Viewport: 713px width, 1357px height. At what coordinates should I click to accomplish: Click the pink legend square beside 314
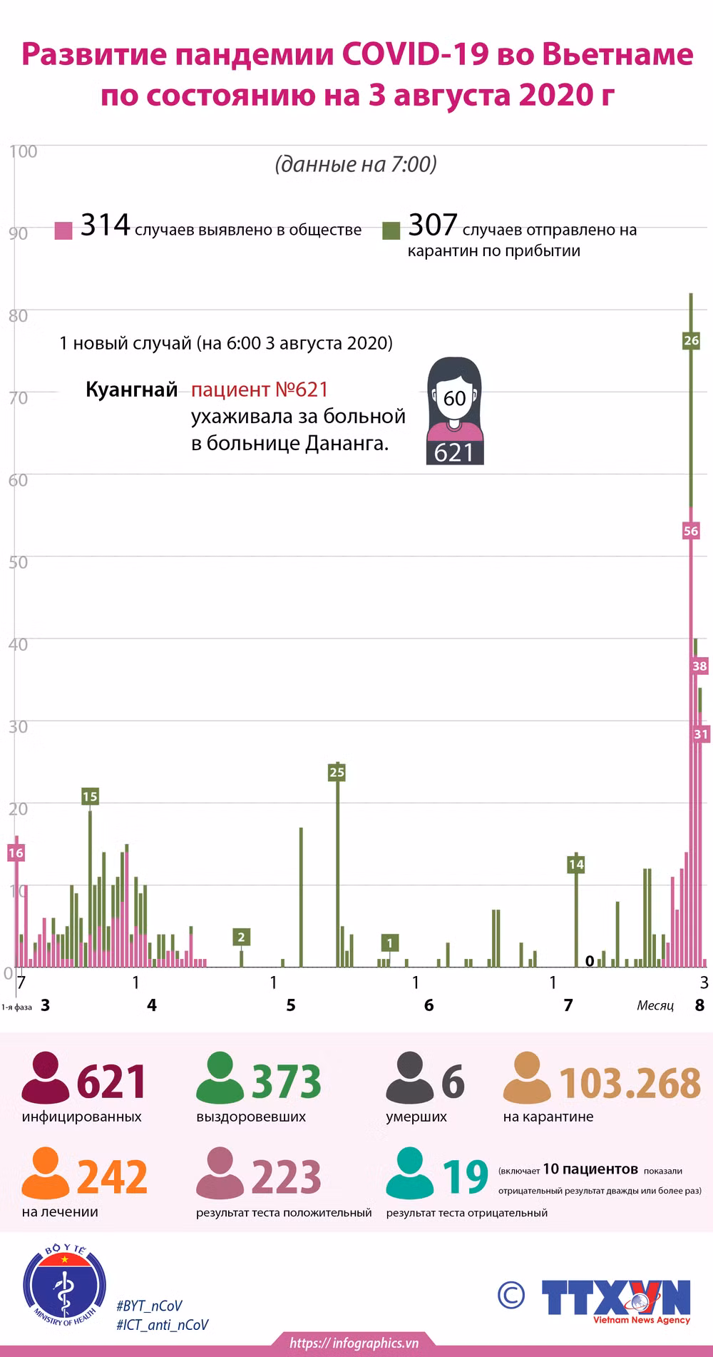63,230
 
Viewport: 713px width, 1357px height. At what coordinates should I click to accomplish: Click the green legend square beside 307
391,230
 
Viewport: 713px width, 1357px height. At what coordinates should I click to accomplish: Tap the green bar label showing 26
691,340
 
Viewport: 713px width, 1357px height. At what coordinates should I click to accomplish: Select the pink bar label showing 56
691,531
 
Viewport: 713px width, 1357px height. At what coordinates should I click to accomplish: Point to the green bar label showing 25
337,772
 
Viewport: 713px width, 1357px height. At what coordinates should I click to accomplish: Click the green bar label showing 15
90,796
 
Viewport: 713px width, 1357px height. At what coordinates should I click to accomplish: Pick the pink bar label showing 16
16,853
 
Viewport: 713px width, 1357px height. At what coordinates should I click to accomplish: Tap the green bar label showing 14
576,864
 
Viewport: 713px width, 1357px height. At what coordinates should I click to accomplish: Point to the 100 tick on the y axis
24,151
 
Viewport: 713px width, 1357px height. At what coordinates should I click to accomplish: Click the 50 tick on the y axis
18,562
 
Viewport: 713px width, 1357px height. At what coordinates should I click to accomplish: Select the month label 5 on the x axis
291,1005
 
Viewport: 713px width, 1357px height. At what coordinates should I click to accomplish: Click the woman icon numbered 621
454,411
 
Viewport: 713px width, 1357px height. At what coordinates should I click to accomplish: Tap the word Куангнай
132,390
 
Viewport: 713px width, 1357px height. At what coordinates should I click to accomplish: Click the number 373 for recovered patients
286,1082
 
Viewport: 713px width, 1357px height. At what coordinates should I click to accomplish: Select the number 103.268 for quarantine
630,1083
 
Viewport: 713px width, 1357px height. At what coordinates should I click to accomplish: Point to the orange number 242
112,1176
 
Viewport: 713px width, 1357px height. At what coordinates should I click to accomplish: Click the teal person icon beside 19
410,1173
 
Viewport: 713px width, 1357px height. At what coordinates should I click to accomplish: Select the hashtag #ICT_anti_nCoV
163,1325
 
